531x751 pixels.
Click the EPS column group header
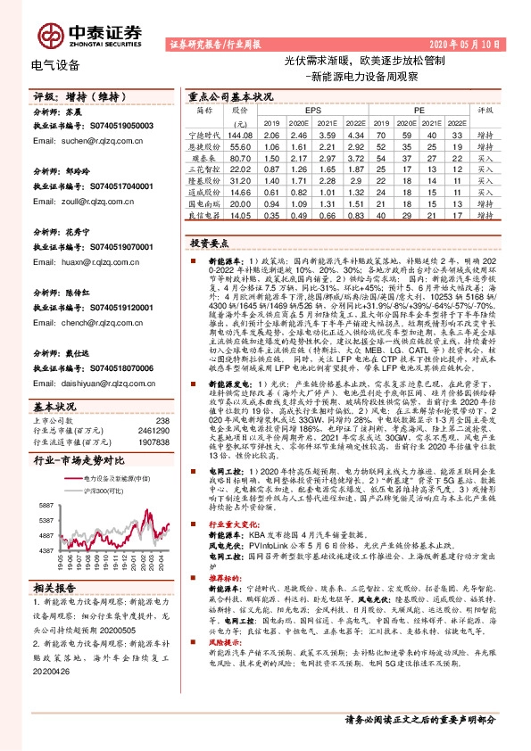(312, 110)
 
